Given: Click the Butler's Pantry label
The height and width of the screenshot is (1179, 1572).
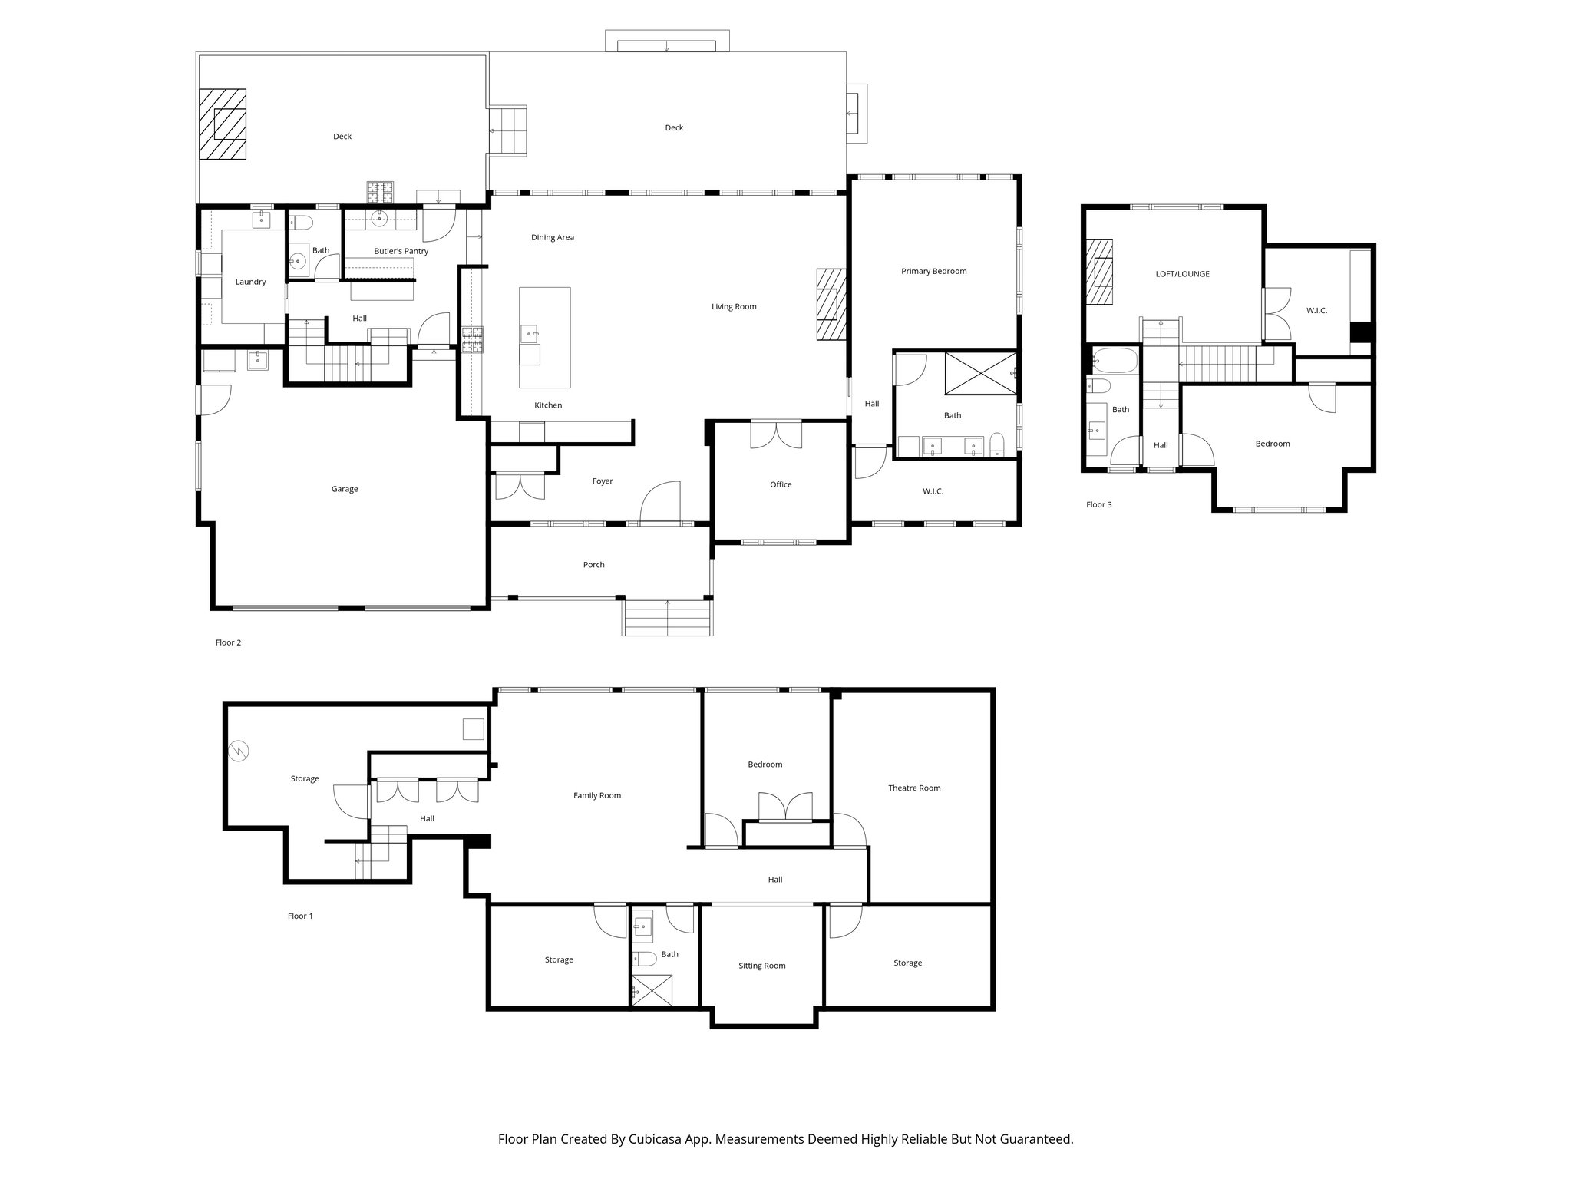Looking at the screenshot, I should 401,251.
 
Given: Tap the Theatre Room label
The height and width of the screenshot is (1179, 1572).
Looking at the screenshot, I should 913,788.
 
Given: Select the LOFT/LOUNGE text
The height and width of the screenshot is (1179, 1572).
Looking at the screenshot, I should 1182,273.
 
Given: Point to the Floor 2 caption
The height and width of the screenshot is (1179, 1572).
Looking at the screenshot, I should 228,642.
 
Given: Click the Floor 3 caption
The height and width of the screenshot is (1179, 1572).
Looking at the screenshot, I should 1098,504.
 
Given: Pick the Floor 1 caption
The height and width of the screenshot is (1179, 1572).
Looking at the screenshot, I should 300,916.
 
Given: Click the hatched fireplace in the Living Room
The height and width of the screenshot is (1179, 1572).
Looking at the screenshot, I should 831,305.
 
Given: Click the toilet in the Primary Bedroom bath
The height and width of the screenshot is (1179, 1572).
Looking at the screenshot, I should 997,444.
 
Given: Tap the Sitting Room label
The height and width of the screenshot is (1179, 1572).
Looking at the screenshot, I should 761,966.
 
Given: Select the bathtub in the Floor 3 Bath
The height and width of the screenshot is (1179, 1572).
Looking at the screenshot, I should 1114,360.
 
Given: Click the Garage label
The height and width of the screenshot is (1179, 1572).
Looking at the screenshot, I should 345,489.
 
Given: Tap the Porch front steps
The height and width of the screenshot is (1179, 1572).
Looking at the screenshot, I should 667,618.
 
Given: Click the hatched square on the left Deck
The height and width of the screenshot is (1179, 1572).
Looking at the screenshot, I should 223,124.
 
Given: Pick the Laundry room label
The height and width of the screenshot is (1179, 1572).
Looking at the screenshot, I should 250,282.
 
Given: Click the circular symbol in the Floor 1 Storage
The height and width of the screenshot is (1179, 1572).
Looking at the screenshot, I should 239,751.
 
